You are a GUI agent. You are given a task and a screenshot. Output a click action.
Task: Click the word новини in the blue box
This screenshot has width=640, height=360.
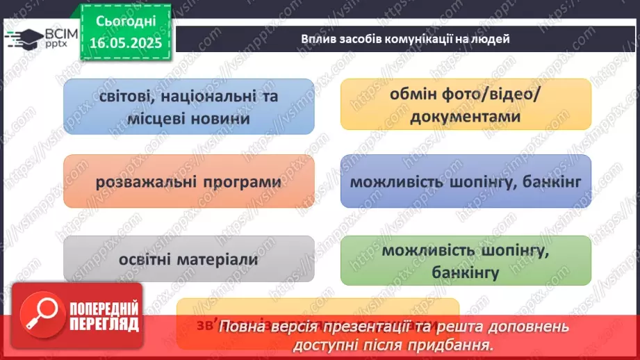click(x=221, y=119)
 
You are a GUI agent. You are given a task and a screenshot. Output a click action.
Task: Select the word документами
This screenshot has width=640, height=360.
click(x=466, y=117)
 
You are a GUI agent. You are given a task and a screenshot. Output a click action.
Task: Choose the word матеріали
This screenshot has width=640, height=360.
click(x=213, y=260)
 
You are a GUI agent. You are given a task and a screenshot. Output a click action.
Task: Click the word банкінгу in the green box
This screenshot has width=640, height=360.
click(x=466, y=272)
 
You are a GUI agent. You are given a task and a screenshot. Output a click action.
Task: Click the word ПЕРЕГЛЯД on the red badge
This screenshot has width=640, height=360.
click(x=104, y=323)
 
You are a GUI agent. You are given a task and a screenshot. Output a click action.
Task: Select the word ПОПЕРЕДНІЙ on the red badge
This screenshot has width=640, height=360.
click(x=104, y=308)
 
